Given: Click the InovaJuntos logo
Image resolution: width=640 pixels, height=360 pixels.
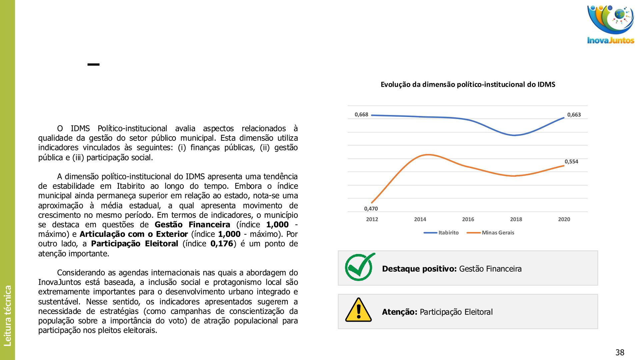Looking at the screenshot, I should tap(610, 24).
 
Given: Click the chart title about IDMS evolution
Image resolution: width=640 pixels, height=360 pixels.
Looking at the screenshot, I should tap(468, 85).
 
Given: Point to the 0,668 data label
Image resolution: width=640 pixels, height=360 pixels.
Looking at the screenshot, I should tap(361, 115).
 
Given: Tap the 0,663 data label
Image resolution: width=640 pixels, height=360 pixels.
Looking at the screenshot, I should tap(574, 115).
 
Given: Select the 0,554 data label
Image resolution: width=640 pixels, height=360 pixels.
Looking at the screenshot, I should tap(571, 162).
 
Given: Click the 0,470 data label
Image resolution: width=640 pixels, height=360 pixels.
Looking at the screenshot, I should tap(371, 209).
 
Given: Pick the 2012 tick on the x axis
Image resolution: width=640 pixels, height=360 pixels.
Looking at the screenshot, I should tap(372, 219).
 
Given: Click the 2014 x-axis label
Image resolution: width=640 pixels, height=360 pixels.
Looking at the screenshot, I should tap(420, 219).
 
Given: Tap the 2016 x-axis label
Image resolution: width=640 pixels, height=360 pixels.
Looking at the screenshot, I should tap(468, 219).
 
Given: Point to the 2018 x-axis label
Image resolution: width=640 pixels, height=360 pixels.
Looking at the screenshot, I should tap(516, 219).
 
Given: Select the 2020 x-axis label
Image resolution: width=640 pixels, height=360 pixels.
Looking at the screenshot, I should tap(564, 219).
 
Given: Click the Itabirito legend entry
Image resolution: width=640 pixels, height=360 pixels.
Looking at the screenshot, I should tap(448, 233).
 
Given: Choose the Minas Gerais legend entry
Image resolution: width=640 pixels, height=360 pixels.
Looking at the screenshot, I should tap(498, 233).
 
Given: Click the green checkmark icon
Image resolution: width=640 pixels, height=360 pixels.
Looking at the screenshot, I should tap(359, 267).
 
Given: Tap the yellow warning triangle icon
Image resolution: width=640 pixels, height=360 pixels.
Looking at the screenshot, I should tap(358, 310).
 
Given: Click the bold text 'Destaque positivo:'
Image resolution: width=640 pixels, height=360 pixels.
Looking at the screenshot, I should tap(419, 269).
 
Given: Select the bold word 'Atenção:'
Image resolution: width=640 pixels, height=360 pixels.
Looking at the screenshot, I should tap(399, 312).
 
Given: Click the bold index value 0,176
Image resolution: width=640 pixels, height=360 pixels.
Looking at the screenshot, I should tap(222, 244).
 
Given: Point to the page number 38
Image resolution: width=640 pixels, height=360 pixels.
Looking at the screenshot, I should tap(620, 352).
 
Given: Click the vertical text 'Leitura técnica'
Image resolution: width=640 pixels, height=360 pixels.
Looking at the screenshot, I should tap(8, 315).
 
